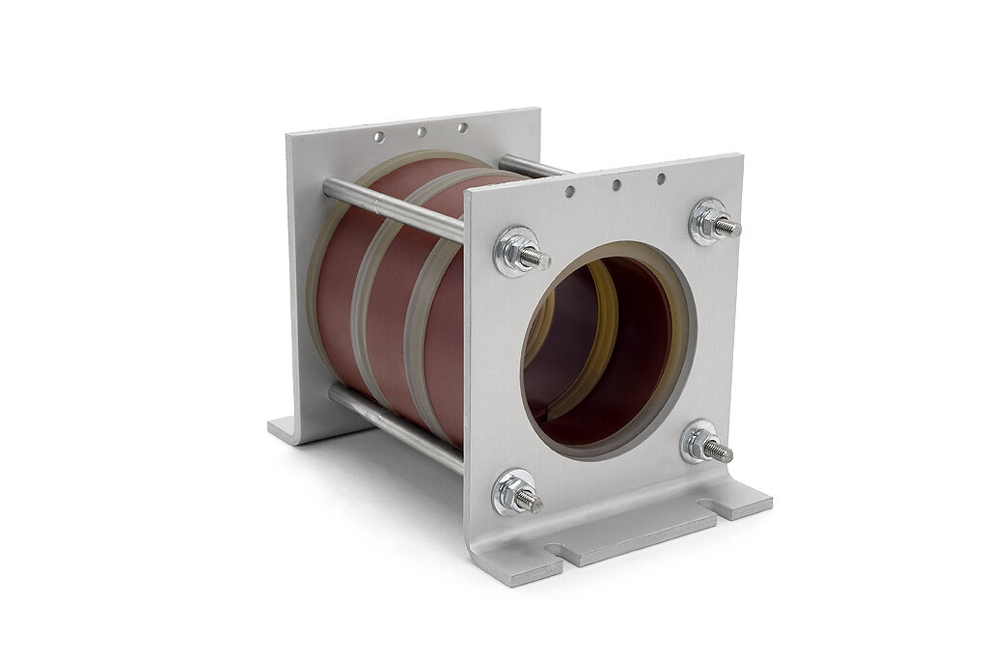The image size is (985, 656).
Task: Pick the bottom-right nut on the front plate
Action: [x=700, y=443]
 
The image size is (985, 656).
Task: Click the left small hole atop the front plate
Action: [x=570, y=192]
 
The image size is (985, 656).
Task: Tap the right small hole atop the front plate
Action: [x=661, y=178]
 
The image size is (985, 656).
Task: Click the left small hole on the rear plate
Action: [x=379, y=137]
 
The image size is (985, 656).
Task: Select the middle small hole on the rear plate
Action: [x=422, y=132]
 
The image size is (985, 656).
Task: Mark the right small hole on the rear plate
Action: [x=462, y=127]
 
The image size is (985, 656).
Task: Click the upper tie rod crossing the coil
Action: [x=396, y=205]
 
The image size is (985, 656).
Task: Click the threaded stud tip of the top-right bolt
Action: [x=732, y=229]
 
